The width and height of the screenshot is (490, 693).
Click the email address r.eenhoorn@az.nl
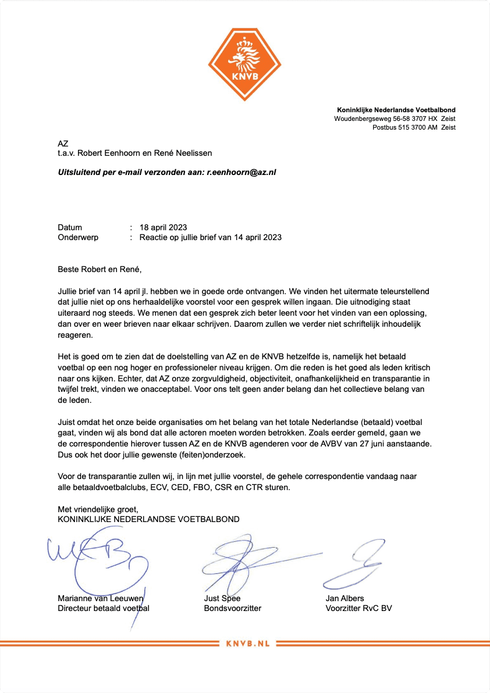[242, 172]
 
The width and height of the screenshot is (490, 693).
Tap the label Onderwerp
[78, 237]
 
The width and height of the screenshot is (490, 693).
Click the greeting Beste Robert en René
[100, 269]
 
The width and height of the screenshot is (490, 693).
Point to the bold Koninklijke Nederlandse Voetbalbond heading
[396, 110]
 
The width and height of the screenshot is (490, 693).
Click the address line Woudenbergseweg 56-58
[395, 119]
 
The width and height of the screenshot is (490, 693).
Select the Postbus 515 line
[414, 127]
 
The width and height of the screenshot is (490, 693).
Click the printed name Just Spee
[222, 598]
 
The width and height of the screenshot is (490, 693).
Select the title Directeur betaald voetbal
[104, 608]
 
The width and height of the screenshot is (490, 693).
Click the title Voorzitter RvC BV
[359, 608]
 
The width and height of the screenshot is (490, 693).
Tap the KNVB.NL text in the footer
[245, 643]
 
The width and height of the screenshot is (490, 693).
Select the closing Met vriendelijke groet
[98, 509]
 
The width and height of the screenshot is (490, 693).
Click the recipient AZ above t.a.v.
[63, 143]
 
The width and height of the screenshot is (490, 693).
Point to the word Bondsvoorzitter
[232, 608]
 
